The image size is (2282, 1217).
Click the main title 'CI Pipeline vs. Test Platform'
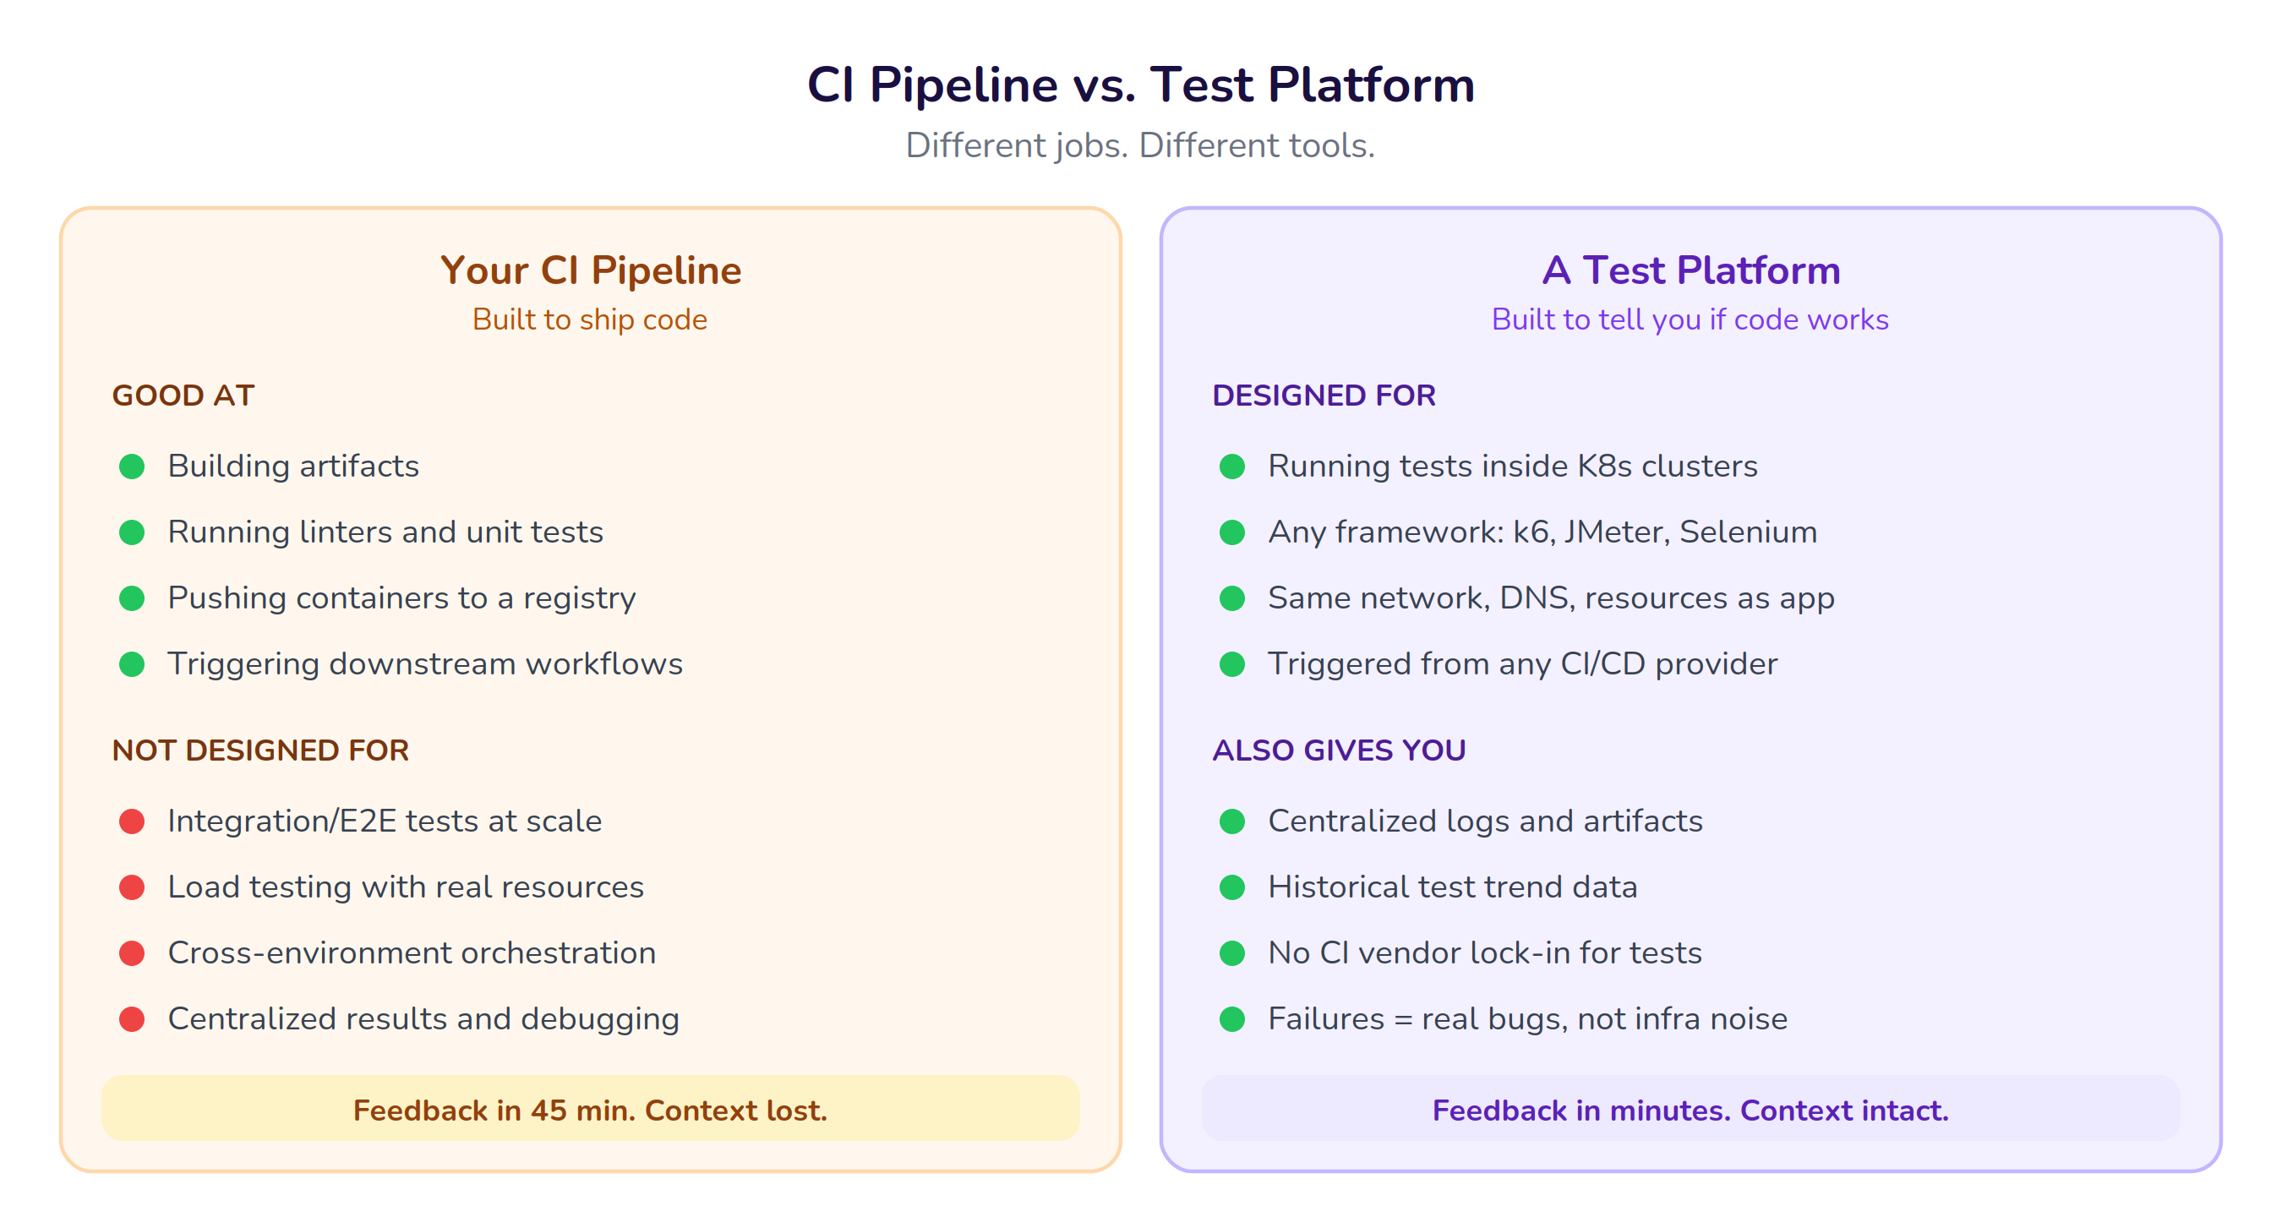1140,85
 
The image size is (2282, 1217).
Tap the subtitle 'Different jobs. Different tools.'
1140,145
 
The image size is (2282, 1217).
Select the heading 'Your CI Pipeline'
591,270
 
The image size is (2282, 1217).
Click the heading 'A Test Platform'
1691,270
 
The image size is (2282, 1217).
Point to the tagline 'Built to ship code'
590,319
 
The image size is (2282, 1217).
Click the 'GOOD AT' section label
183,395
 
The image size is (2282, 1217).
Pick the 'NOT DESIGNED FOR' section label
260,750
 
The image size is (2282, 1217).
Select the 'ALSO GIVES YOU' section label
1339,750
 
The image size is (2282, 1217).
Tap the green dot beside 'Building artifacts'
132,466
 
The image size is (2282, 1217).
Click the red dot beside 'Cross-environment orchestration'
132,953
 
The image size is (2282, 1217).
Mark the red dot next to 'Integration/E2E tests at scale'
132,821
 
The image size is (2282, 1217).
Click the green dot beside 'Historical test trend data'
1232,887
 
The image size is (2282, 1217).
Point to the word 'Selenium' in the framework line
1748,532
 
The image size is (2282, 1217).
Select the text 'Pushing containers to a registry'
401,598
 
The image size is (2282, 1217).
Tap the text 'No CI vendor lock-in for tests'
1485,953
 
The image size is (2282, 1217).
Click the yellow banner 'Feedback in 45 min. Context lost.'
590,1109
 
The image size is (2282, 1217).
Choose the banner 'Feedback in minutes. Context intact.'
1690,1109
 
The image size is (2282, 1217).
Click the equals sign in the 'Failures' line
1403,1019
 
